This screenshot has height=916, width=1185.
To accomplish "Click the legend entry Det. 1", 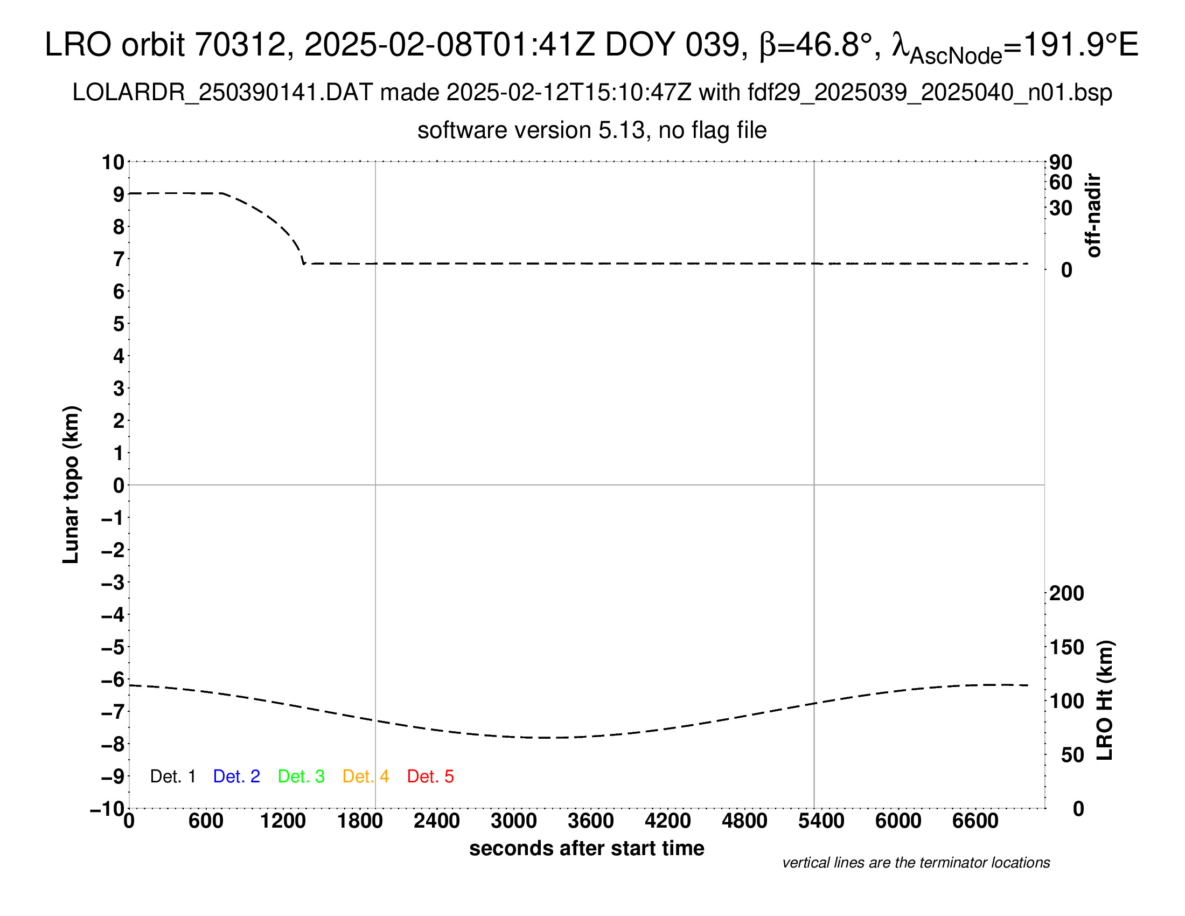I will (x=172, y=776).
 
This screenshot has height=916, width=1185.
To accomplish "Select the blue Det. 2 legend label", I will (x=236, y=776).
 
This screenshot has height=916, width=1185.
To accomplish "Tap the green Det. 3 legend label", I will (x=301, y=776).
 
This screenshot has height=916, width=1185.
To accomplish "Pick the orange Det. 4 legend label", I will (x=366, y=776).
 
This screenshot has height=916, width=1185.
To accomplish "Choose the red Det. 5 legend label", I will (x=430, y=776).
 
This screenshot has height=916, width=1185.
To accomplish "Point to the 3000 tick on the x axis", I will (x=513, y=821).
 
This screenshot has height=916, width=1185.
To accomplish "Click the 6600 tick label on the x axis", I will (x=975, y=821).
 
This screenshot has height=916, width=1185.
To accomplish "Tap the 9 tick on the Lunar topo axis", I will (x=119, y=195).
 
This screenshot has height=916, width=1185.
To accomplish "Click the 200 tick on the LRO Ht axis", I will (x=1066, y=593).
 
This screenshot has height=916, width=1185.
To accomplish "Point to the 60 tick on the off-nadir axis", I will (x=1061, y=182).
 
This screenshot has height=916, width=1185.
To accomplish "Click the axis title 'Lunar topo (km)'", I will (x=71, y=484).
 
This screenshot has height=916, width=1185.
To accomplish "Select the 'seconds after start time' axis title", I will (x=587, y=848).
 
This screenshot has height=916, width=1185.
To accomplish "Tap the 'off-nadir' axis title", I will (x=1094, y=216).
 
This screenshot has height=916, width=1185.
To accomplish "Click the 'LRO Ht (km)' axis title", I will (x=1105, y=700).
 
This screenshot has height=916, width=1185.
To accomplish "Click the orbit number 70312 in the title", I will (x=240, y=45).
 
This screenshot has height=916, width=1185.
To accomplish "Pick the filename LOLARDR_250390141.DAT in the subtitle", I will (x=222, y=93).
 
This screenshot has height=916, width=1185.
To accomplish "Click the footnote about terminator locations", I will (x=916, y=863).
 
